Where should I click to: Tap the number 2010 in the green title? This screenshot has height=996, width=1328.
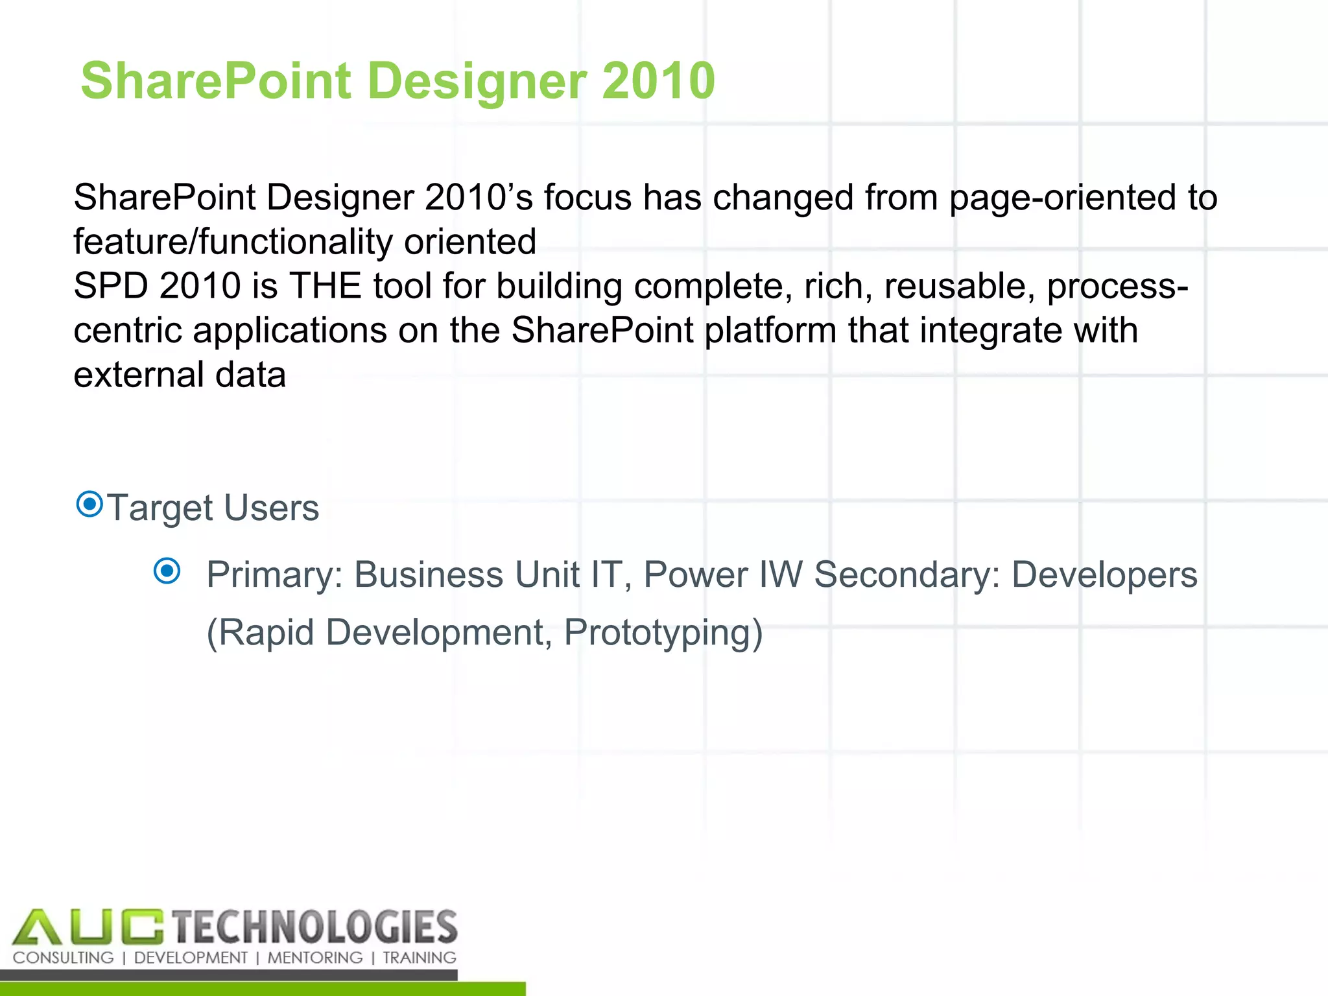point(658,80)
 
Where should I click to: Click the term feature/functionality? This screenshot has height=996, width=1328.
point(233,242)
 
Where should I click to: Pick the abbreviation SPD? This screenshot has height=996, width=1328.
point(111,286)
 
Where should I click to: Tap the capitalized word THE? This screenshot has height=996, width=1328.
point(325,286)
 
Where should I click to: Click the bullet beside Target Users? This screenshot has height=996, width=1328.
point(89,504)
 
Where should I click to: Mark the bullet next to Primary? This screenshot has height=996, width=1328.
point(167,571)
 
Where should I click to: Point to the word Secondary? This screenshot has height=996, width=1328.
point(908,575)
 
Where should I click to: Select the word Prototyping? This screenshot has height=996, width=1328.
point(663,632)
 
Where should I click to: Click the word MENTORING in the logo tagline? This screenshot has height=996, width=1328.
point(315,958)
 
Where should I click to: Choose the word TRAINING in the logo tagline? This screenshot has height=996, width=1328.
point(420,958)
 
